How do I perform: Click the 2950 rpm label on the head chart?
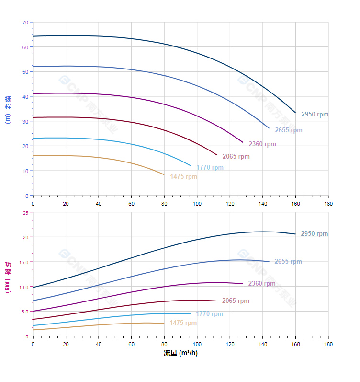coord(315,115)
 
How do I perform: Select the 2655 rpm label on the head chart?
coord(288,130)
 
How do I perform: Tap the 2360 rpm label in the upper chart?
coord(262,144)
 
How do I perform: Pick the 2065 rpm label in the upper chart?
coord(236,157)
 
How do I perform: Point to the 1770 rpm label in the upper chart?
coord(210,168)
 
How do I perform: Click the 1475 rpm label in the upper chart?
coord(183,177)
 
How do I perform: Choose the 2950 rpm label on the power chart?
coord(314,234)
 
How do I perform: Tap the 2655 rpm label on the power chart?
coord(288,262)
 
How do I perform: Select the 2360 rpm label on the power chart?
coord(262,284)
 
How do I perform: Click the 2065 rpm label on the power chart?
coord(236,301)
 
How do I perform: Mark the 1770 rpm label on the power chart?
coord(209,314)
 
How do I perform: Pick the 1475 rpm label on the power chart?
coord(183,323)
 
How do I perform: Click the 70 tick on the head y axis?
coord(25,22)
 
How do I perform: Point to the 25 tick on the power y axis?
coord(25,212)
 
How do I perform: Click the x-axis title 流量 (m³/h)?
coord(180,353)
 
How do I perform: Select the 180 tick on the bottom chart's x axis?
coord(328,345)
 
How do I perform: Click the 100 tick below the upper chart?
coord(197,203)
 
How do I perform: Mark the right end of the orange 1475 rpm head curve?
coord(164,175)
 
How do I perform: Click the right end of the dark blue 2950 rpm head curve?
coord(295,113)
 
